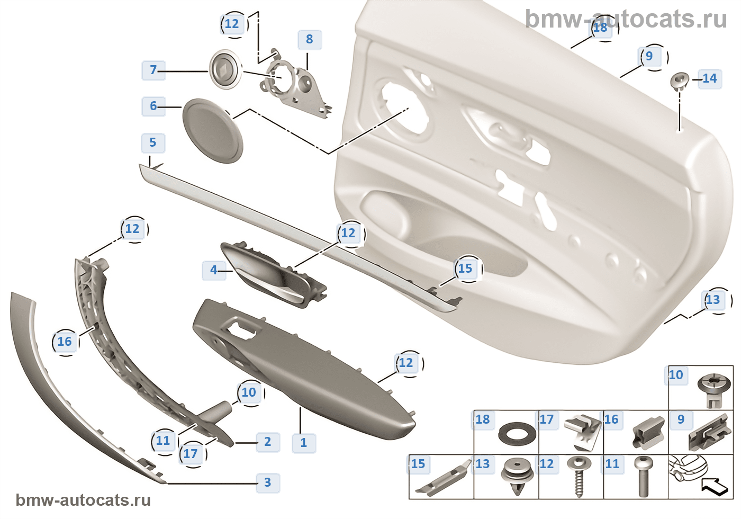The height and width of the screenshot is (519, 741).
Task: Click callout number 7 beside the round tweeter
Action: coord(153,70)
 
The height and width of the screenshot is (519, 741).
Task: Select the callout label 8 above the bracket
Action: coord(309,39)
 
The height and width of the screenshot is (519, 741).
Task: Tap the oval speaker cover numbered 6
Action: coord(213,130)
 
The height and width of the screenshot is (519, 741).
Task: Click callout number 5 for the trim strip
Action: coord(152,142)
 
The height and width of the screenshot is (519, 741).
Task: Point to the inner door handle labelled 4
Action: coord(274,274)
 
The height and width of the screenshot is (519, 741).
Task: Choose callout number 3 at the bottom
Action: coord(268,482)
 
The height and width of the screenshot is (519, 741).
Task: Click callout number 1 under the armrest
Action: coord(304,443)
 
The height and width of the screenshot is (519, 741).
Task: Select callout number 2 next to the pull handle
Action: coord(268,442)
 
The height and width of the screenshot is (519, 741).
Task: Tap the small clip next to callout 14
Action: coord(680,82)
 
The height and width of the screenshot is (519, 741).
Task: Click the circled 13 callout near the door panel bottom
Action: coord(712,300)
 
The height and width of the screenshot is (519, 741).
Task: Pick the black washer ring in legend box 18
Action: coord(517,434)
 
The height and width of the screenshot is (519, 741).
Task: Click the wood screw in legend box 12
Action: coord(579,477)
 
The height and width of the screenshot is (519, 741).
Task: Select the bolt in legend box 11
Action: coord(644,477)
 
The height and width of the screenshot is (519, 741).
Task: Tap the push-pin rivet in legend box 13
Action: coord(518,477)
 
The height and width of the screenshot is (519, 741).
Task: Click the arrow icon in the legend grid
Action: coord(714,487)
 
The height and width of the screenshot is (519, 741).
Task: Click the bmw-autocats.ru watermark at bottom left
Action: coord(83,500)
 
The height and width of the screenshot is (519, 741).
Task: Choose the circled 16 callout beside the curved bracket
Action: coord(65,342)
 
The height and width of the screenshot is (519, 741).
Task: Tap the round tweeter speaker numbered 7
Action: coord(225,69)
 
